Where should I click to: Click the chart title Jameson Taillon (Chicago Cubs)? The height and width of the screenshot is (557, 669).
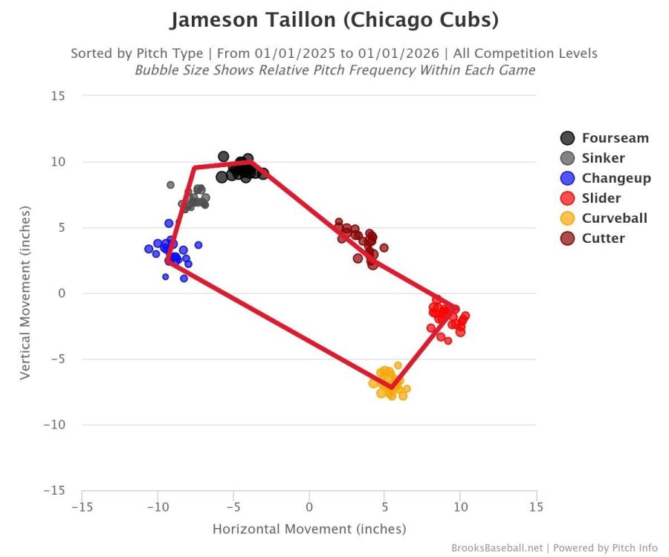click(x=334, y=20)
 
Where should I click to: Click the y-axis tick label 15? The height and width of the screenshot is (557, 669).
click(x=58, y=96)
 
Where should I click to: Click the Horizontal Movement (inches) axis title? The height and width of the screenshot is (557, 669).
click(x=309, y=530)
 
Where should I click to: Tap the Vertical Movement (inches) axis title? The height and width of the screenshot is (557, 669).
click(x=25, y=293)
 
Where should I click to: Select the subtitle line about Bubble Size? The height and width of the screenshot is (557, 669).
click(x=334, y=70)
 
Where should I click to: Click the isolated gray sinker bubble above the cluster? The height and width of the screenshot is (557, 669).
click(x=170, y=185)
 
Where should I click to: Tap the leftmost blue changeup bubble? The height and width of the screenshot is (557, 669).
click(x=149, y=249)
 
